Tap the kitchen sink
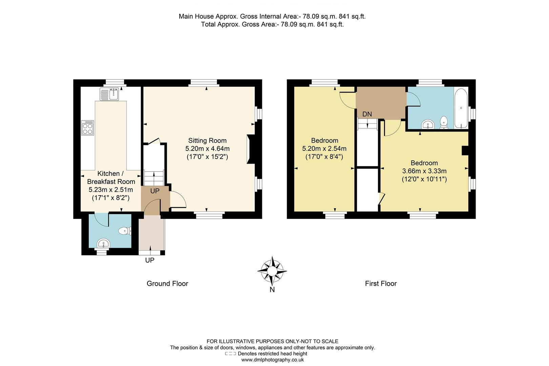109,93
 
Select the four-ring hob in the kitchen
88,128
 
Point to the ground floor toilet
124,231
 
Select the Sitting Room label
207,141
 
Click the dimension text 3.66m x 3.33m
424,171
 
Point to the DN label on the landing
367,114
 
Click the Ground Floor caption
167,284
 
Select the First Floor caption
381,284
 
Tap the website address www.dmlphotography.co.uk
272,360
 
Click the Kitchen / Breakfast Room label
111,178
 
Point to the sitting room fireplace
250,148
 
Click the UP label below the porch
150,260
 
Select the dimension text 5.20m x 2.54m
324,148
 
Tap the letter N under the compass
272,289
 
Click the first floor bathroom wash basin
428,125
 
